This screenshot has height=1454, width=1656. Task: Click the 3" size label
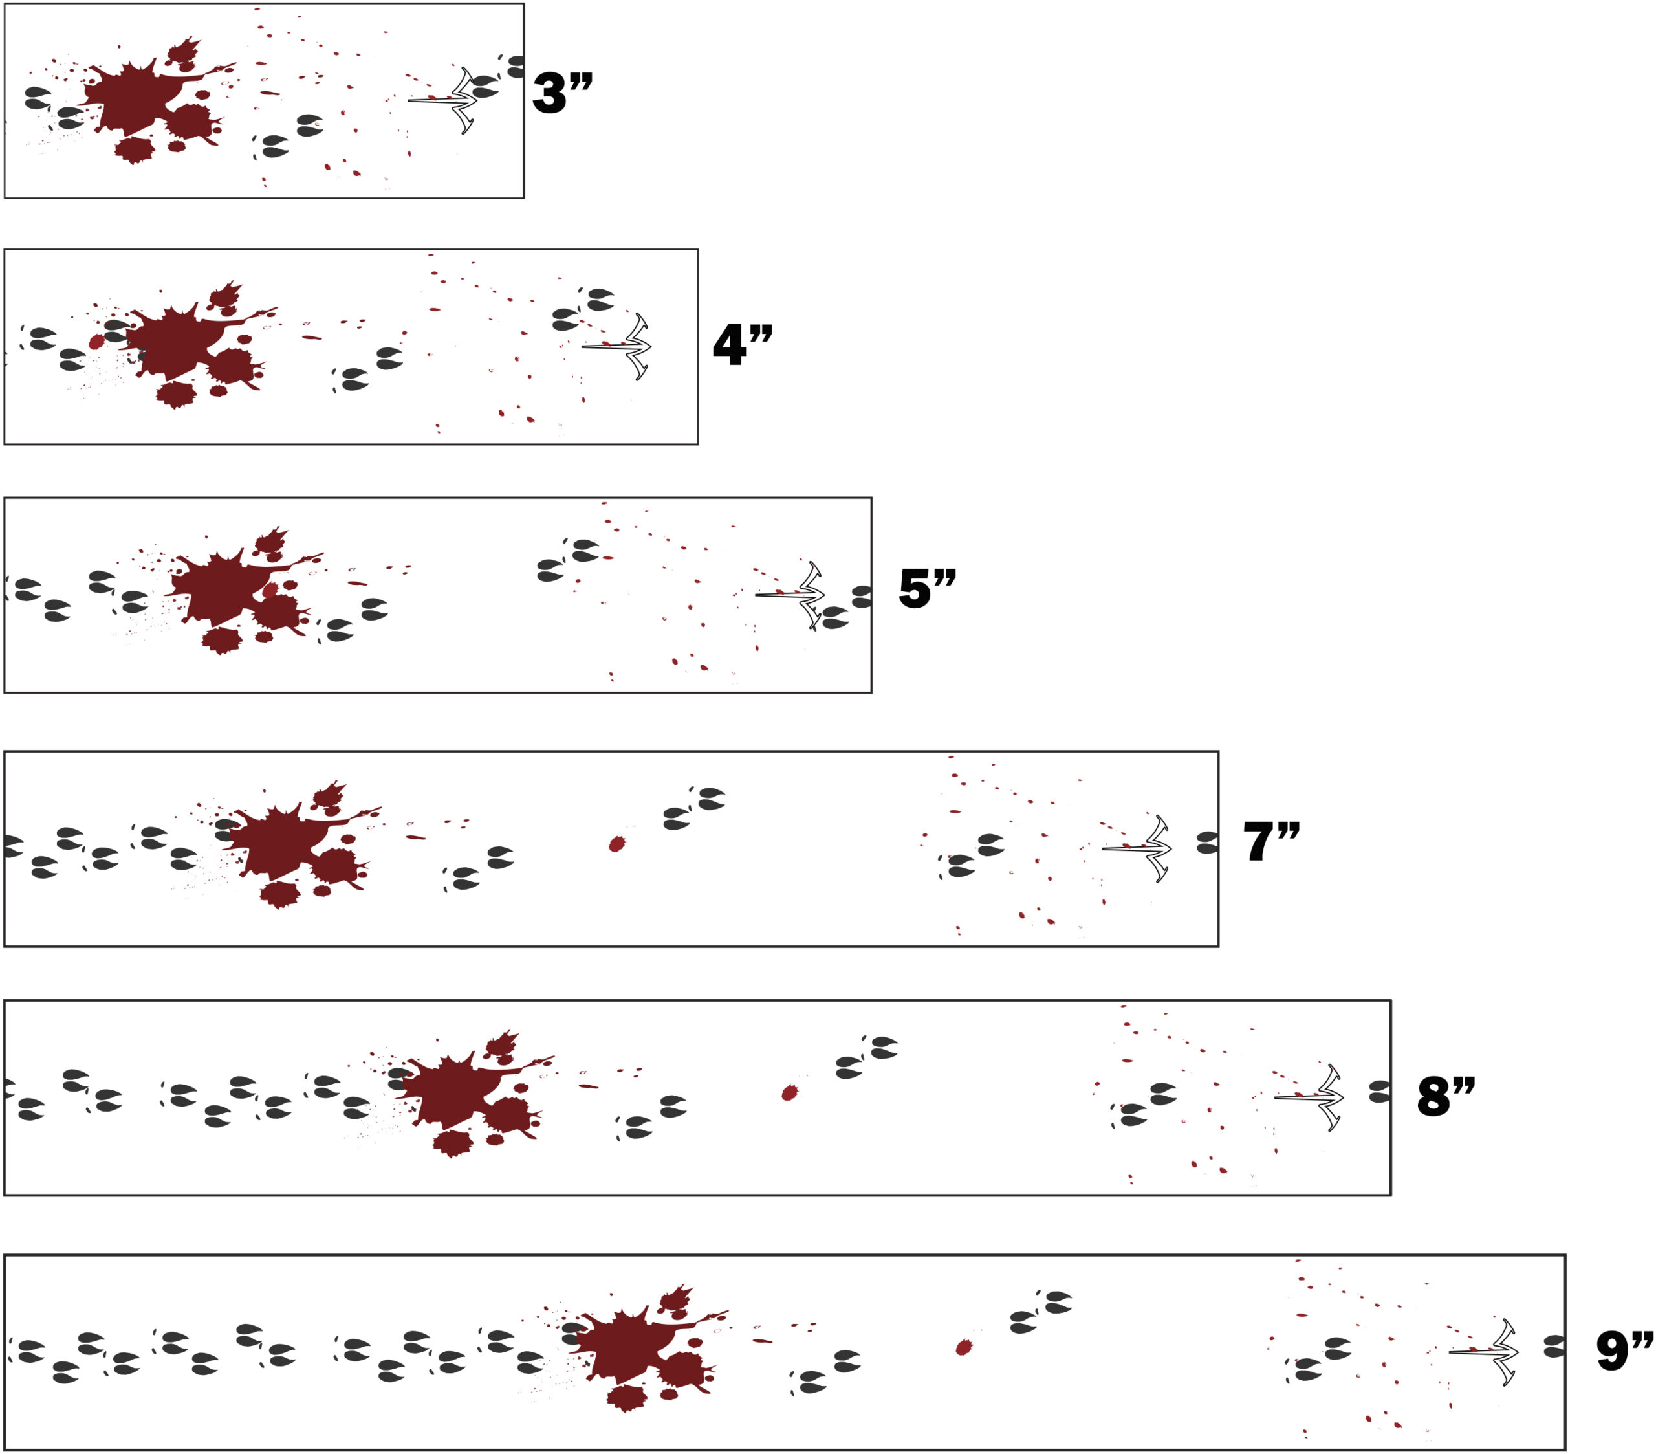click(x=562, y=93)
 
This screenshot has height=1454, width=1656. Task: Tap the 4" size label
click(x=742, y=344)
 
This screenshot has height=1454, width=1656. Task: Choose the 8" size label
click(x=1445, y=1097)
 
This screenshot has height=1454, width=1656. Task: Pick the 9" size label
click(x=1624, y=1351)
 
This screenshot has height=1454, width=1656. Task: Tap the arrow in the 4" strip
click(x=620, y=346)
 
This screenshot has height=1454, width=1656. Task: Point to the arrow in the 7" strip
click(x=1140, y=848)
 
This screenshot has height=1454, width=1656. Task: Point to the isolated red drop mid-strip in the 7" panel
click(x=616, y=844)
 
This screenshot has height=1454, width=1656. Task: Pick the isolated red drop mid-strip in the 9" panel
click(x=963, y=1348)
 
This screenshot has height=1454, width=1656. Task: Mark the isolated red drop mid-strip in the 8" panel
click(x=789, y=1094)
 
